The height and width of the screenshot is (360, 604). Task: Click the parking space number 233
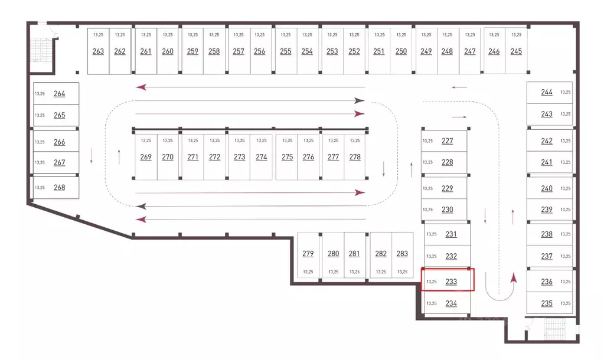tap(451, 282)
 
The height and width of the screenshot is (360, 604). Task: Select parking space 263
tap(98, 51)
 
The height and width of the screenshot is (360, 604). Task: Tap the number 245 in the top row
tap(516, 51)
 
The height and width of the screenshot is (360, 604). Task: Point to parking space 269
tap(146, 157)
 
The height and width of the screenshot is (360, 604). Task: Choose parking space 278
tap(355, 157)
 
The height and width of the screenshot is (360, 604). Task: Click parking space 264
tap(56, 94)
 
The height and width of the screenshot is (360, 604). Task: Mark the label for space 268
tap(59, 188)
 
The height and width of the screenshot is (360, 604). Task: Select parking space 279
tap(308, 255)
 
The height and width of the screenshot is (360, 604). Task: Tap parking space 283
tap(402, 255)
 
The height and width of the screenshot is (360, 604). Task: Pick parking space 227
tap(444, 141)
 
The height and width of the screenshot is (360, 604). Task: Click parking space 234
tap(447, 303)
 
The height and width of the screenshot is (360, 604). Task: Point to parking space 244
tap(550, 92)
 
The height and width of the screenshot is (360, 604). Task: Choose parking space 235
tap(550, 303)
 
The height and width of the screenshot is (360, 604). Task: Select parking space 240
tap(550, 188)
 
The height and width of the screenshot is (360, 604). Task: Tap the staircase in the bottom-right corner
tap(554, 329)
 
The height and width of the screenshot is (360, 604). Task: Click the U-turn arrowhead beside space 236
tap(513, 278)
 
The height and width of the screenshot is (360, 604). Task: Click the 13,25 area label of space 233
tap(432, 282)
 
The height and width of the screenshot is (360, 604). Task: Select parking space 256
tap(260, 51)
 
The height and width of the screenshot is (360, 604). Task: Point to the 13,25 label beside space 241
tap(566, 162)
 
